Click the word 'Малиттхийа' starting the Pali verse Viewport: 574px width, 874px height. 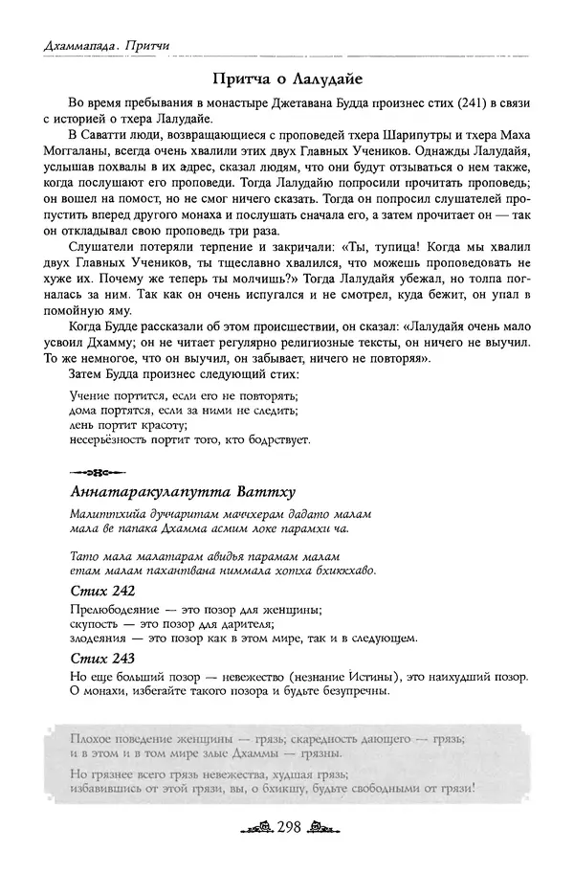pyautogui.click(x=104, y=514)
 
